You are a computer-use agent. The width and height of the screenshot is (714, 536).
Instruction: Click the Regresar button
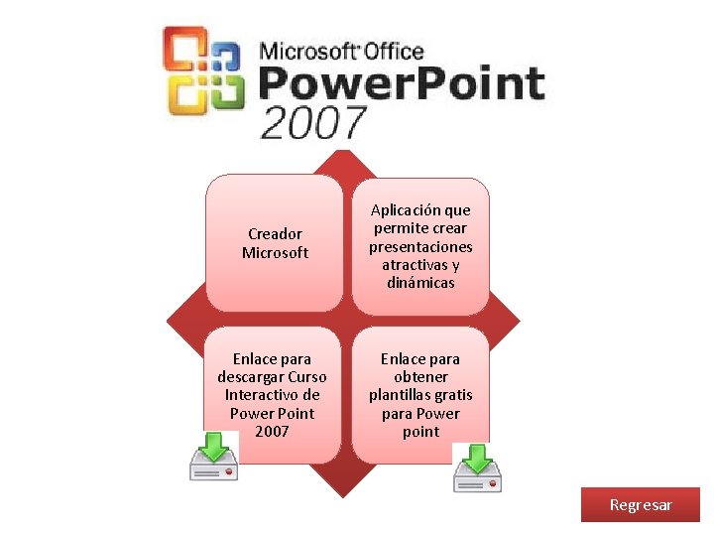click(641, 505)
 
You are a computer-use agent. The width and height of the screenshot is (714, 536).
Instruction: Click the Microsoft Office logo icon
click(204, 71)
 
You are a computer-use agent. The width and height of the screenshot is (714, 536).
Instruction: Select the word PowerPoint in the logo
click(402, 84)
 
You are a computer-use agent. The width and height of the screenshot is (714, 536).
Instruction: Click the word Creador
click(275, 234)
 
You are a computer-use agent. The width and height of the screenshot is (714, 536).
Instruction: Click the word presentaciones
click(420, 247)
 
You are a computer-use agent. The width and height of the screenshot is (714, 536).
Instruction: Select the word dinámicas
click(420, 283)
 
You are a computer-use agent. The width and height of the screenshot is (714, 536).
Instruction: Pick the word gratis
click(452, 395)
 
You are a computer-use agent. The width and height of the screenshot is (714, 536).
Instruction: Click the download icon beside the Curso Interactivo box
click(213, 457)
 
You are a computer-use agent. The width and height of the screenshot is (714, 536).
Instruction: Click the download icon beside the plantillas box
click(477, 469)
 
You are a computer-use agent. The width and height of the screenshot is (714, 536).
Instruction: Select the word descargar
click(250, 377)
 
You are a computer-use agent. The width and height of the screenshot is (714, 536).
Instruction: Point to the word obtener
click(420, 377)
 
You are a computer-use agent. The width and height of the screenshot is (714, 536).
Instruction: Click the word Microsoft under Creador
click(275, 253)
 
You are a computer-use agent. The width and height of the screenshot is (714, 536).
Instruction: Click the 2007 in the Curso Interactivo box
click(272, 431)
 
